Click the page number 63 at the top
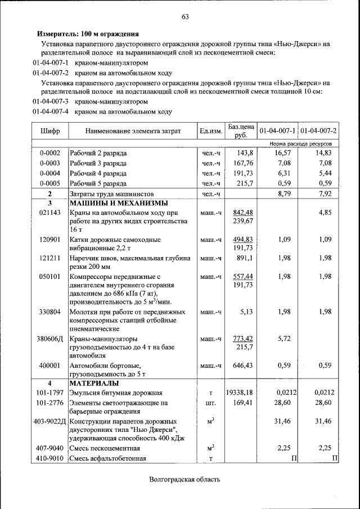(184, 16)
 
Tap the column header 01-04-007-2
(318, 131)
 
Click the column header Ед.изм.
(210, 131)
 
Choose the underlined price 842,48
(243, 212)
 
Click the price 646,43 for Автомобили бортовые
(243, 366)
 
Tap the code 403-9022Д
(49, 421)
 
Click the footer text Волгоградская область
(184, 479)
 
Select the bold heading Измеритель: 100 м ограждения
(88, 34)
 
